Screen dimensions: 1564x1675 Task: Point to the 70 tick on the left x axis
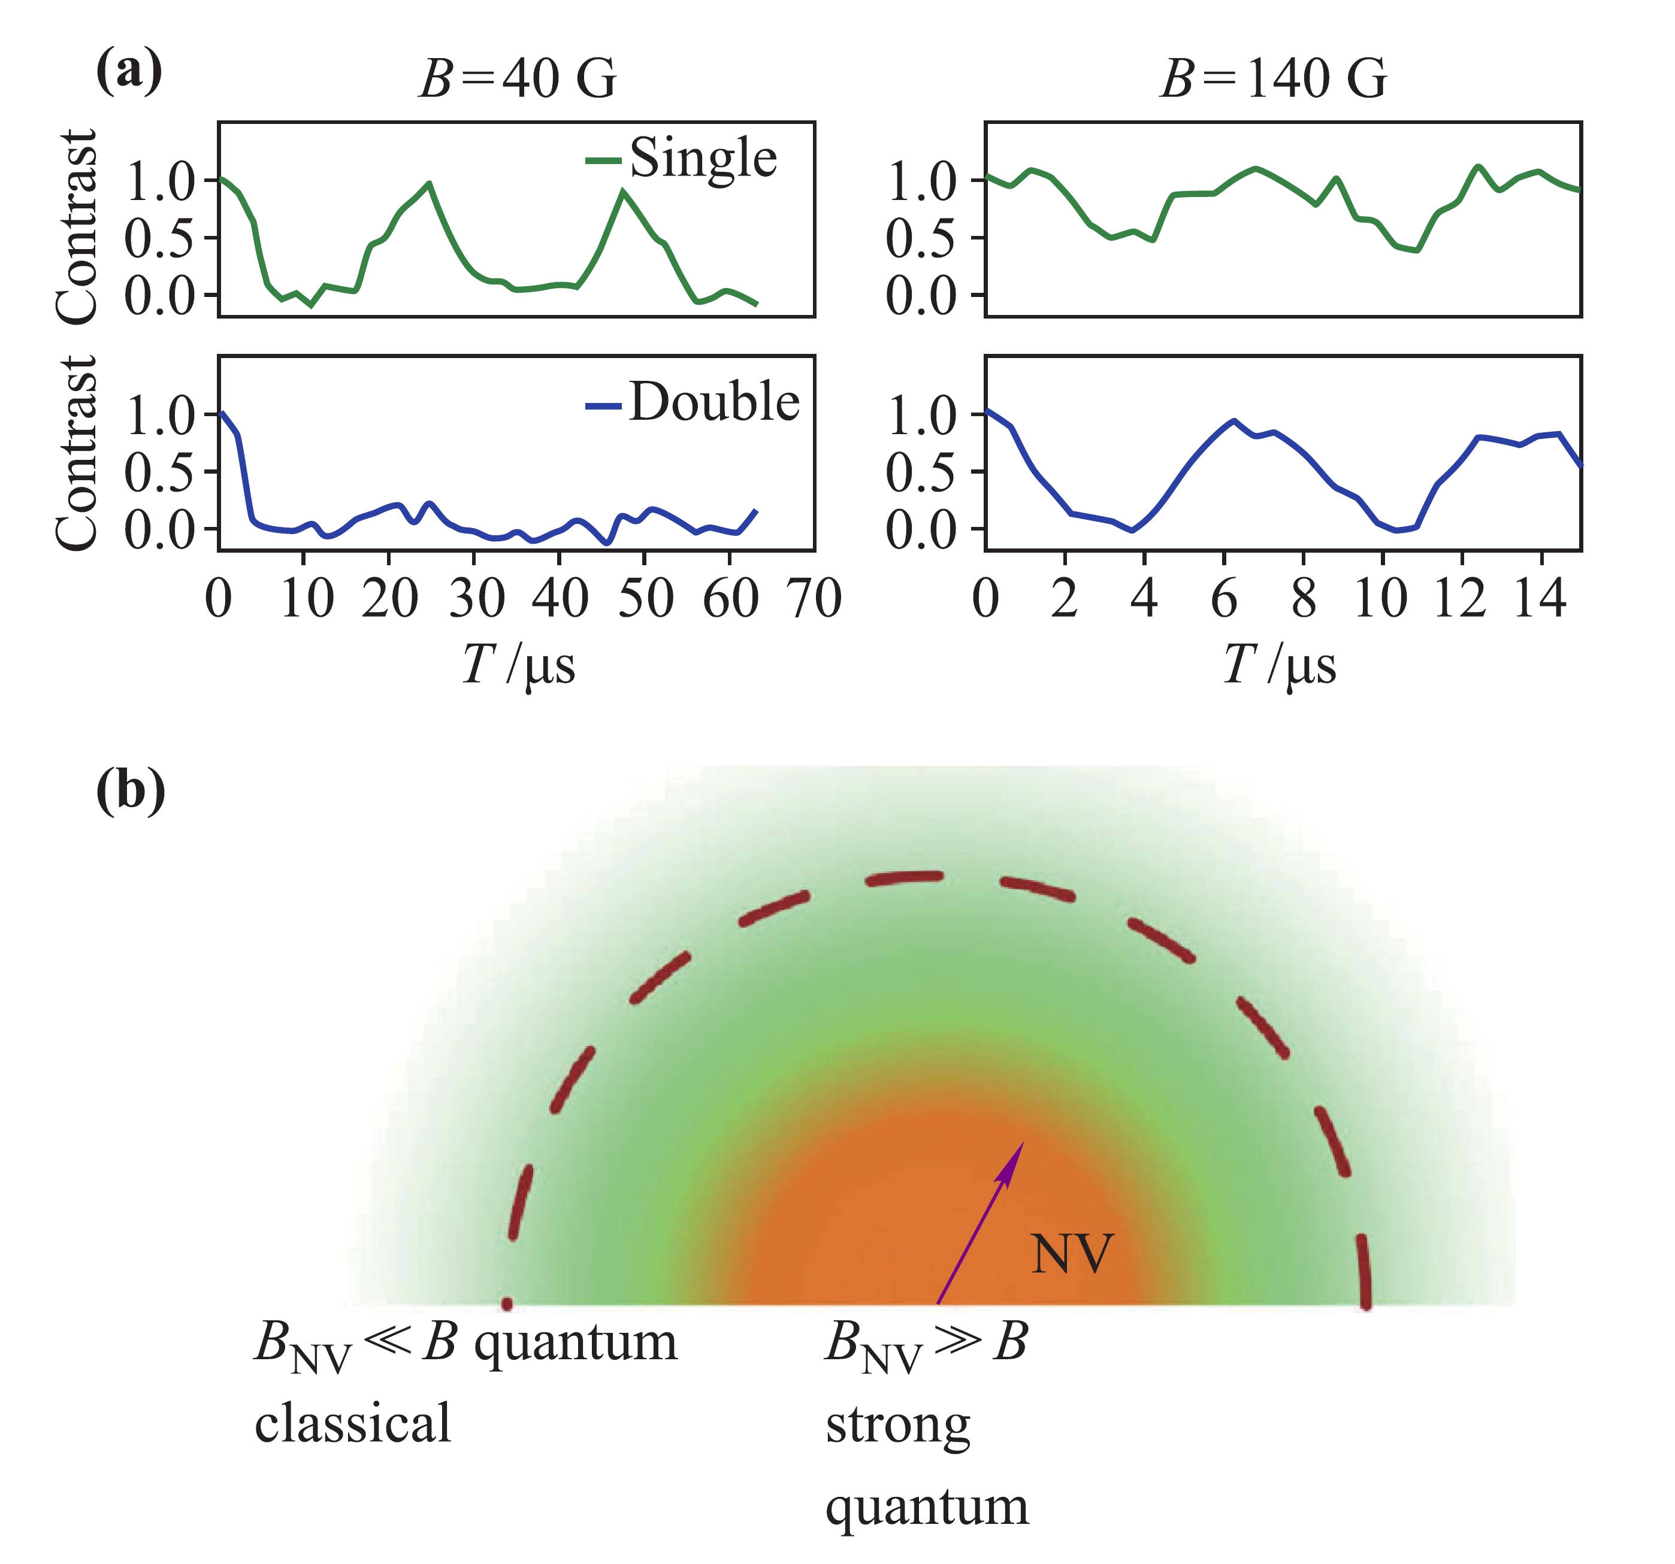pyautogui.click(x=815, y=599)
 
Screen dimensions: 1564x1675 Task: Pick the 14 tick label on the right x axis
pyautogui.click(x=1540, y=599)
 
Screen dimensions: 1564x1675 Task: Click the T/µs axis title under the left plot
pyautogui.click(x=518, y=665)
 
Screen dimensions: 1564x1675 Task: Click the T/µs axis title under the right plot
pyautogui.click(x=1279, y=665)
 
